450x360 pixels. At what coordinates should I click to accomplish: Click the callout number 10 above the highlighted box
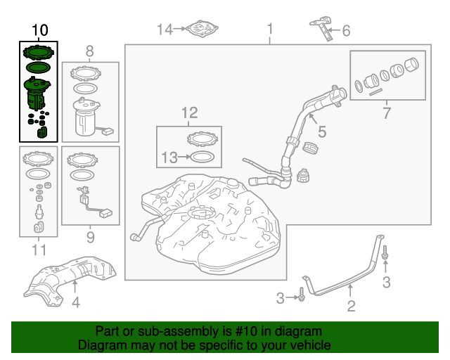point(40,30)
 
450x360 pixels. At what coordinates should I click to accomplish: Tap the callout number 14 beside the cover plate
point(165,30)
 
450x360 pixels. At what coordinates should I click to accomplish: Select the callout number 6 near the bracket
point(347,31)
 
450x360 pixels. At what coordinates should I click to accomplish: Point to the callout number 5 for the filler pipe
point(322,131)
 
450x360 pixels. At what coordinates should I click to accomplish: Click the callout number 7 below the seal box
point(387,112)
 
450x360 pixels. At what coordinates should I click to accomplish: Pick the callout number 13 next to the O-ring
point(169,157)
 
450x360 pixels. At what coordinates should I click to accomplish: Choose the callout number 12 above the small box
point(190,112)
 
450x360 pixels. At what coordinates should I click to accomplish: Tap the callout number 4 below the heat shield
point(75,302)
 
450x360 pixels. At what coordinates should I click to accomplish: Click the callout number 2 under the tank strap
point(352,306)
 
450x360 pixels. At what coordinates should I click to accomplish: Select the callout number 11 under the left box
point(39,250)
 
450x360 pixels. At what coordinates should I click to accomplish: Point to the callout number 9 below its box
point(91,238)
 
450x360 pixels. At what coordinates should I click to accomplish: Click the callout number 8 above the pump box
point(89,51)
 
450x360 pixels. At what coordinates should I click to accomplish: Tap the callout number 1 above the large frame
point(270,30)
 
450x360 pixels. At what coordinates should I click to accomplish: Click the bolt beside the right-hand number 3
point(385,252)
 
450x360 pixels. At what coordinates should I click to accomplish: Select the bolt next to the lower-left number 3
point(302,294)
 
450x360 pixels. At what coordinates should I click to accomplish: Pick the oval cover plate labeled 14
point(202,29)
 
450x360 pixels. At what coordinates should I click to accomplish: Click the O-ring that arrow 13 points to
point(202,157)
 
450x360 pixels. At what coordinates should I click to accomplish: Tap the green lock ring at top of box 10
point(39,52)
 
